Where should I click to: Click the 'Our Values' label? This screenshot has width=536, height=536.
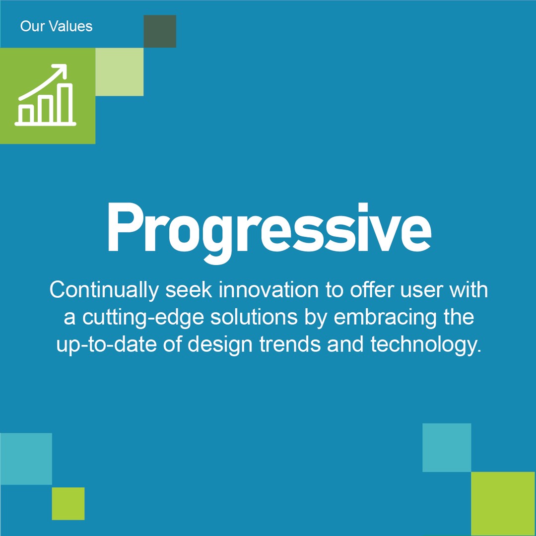pos(56,26)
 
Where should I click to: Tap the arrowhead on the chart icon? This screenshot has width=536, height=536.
pos(62,70)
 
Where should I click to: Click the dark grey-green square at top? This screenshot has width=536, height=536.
pos(160,31)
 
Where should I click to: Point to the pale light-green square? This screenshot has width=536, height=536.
pos(119,72)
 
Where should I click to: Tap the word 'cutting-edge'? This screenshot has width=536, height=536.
pos(143,318)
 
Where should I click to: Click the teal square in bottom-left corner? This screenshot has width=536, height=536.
pos(26,459)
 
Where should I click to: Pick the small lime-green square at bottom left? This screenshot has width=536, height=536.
pos(68,503)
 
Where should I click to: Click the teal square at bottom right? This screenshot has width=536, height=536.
pos(447,447)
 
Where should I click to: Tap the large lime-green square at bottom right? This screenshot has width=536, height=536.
pos(503,503)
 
